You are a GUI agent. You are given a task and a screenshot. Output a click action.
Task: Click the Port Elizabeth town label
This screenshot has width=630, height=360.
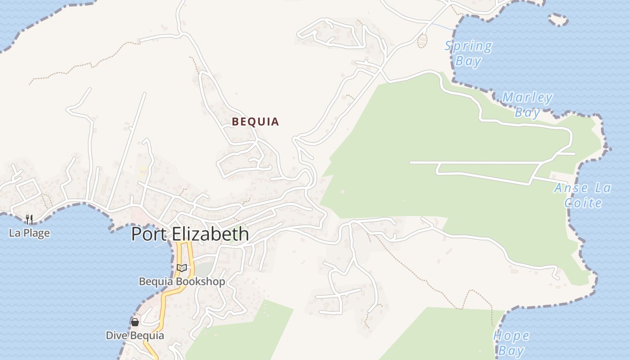click(x=190, y=234)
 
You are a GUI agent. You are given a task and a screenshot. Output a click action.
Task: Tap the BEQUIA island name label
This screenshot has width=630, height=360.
click(x=255, y=121)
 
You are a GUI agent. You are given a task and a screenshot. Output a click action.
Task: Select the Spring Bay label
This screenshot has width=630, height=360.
click(x=468, y=53)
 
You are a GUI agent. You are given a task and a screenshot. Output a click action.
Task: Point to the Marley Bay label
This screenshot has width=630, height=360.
click(x=527, y=104)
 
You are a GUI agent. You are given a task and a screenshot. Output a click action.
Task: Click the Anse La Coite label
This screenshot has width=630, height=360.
click(x=583, y=195)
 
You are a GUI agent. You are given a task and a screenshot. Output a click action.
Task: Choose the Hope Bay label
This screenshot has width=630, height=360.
click(x=511, y=343)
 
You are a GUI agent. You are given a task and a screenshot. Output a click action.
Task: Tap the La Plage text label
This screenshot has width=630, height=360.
click(x=29, y=233)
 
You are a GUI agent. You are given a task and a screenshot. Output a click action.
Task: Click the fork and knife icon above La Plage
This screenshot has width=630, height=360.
click(x=29, y=219)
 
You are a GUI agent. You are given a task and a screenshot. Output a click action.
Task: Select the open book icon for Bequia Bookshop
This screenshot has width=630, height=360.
click(x=182, y=268)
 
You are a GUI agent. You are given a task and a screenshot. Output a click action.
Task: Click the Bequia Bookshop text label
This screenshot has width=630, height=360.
click(x=182, y=282)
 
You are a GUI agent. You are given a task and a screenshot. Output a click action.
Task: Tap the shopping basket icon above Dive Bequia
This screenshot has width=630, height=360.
click(x=135, y=322)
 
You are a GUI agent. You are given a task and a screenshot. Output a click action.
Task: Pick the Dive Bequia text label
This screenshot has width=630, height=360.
click(x=135, y=336)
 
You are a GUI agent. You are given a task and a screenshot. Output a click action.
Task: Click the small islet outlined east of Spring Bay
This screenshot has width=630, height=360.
click(x=558, y=19)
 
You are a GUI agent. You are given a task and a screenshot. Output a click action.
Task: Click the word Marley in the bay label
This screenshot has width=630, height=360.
click(x=527, y=97)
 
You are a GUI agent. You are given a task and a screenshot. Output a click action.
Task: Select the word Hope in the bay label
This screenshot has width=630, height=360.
click(x=511, y=336)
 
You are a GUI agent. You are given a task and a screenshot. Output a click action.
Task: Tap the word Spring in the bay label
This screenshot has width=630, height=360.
click(x=468, y=46)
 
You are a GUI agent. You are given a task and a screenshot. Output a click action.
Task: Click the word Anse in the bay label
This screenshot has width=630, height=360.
click(x=571, y=188)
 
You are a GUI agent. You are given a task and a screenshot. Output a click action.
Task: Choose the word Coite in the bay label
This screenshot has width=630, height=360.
click(x=583, y=203)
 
